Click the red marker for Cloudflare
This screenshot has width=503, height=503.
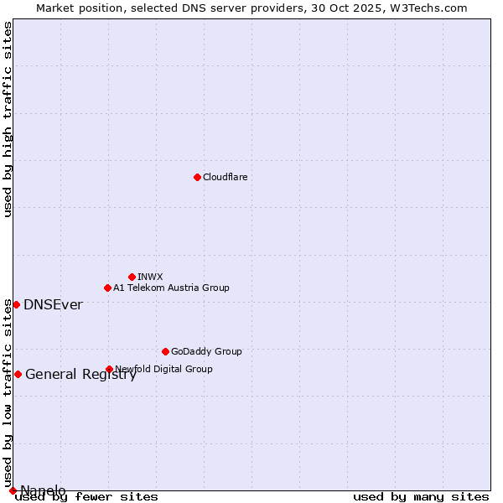[197, 177]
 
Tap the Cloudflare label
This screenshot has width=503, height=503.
[225, 177]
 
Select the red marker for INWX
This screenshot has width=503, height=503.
[132, 277]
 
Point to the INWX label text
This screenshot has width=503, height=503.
[150, 277]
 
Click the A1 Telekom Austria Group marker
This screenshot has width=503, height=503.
[107, 288]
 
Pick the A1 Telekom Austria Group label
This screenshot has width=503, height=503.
[171, 288]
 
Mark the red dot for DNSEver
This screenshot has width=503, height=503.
[16, 304]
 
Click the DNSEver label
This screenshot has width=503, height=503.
[53, 305]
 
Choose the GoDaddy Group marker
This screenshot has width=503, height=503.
[165, 351]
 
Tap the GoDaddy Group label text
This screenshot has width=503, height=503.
[206, 351]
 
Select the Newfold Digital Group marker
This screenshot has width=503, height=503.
[109, 369]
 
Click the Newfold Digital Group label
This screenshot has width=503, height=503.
[164, 369]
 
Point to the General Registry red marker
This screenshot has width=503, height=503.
[18, 374]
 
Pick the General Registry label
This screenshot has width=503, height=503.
[80, 375]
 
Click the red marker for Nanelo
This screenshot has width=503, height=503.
[13, 490]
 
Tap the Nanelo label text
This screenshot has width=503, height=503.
[43, 490]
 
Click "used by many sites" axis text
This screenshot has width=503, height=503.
[421, 497]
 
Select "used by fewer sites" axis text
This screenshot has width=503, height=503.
[87, 497]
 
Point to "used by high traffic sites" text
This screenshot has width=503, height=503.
[8, 120]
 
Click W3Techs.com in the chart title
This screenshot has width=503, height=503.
[427, 8]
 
